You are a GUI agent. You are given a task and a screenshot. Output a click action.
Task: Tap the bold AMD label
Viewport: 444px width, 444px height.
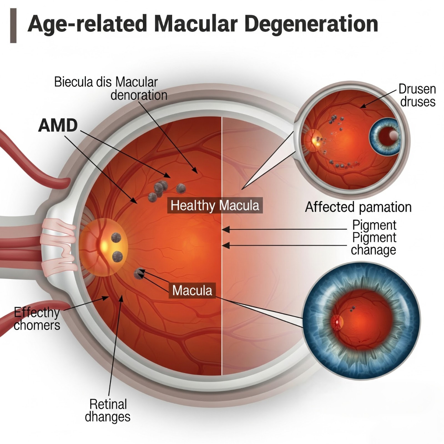(x=58, y=125)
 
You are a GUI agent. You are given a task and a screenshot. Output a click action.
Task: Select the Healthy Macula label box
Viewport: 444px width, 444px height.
(x=215, y=206)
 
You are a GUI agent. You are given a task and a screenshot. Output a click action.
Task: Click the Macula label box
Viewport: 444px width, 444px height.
(x=192, y=291)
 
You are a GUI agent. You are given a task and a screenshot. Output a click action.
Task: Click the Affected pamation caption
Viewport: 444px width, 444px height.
(x=358, y=207)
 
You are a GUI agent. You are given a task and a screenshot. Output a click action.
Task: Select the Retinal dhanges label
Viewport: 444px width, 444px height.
(x=108, y=410)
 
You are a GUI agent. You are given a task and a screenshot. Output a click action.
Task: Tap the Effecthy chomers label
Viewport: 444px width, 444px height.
(x=37, y=319)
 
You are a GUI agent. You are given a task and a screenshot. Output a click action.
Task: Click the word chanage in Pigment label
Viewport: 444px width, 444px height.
(x=373, y=250)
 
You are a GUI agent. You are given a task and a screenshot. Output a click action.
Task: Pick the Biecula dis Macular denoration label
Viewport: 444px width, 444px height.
(x=111, y=89)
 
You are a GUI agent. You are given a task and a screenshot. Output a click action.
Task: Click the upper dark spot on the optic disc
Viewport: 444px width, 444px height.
(x=116, y=238)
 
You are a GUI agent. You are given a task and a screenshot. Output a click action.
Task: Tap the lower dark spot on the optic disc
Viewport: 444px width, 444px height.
(x=118, y=256)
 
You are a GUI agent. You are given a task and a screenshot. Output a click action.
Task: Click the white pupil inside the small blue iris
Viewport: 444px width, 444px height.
(x=393, y=135)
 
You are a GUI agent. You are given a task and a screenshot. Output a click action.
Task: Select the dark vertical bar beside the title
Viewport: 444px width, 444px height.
(x=13, y=26)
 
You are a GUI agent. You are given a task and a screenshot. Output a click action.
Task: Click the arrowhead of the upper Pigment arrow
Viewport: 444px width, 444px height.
(x=225, y=229)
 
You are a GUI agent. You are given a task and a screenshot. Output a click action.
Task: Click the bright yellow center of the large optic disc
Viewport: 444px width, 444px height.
(x=104, y=246)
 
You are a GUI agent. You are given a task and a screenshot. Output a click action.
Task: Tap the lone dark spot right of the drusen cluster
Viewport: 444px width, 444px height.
(x=181, y=188)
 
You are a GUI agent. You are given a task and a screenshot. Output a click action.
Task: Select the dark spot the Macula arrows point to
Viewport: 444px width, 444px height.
(x=138, y=274)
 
